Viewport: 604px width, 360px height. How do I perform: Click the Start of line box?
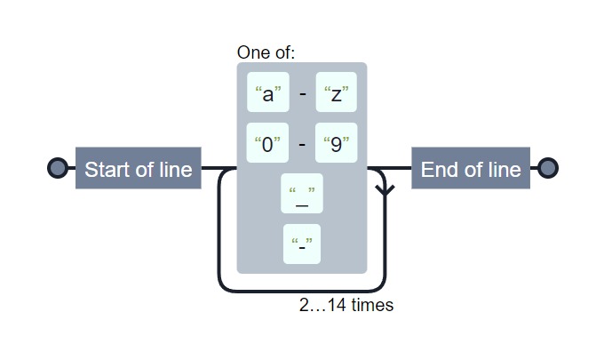click(138, 169)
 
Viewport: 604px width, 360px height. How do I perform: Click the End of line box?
click(471, 169)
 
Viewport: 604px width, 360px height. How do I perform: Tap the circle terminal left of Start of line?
click(57, 169)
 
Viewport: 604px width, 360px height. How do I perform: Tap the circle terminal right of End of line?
click(548, 169)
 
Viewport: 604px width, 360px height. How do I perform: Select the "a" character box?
click(268, 92)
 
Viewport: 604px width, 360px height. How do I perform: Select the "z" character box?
click(336, 92)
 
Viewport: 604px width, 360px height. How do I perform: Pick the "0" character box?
click(268, 143)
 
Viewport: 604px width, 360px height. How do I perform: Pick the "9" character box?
click(336, 143)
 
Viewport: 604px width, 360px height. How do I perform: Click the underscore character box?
click(302, 194)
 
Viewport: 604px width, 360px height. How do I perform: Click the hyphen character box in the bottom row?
click(302, 244)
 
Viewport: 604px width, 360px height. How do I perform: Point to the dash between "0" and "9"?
click(302, 143)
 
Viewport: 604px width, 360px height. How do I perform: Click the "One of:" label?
click(266, 52)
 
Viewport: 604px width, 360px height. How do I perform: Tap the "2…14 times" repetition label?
click(346, 305)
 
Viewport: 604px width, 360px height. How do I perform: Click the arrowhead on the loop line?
click(385, 189)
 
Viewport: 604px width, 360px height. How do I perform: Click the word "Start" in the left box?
click(107, 169)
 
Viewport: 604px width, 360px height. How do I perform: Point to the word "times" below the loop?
click(372, 305)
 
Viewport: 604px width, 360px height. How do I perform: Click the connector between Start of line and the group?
click(219, 168)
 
